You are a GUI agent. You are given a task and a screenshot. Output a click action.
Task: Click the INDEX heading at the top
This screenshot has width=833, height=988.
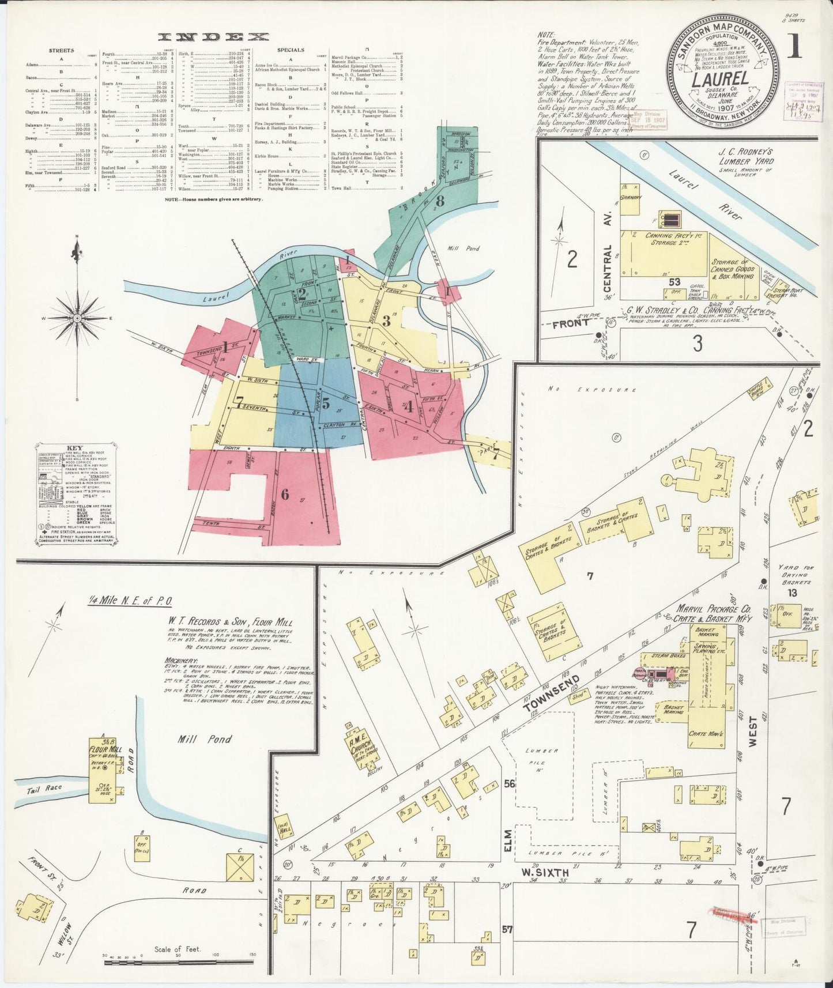pyautogui.click(x=214, y=37)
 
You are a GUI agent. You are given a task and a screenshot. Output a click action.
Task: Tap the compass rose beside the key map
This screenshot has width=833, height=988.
pyautogui.click(x=77, y=318)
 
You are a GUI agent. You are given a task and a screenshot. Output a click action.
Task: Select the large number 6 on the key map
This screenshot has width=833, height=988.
pyautogui.click(x=284, y=494)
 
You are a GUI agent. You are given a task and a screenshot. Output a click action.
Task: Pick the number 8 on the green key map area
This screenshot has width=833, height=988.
pyautogui.click(x=440, y=201)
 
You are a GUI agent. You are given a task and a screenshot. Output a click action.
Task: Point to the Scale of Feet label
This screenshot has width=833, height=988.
pyautogui.click(x=176, y=949)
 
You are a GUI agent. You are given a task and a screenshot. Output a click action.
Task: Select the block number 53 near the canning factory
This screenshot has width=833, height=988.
pyautogui.click(x=674, y=282)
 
